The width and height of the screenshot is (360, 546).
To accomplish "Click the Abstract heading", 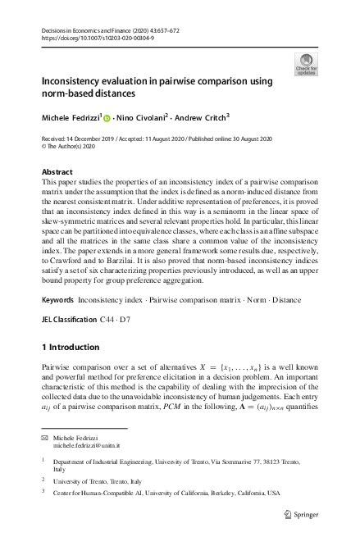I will [x=57, y=172].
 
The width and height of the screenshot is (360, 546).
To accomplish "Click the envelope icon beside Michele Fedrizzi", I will [x=45, y=439].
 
